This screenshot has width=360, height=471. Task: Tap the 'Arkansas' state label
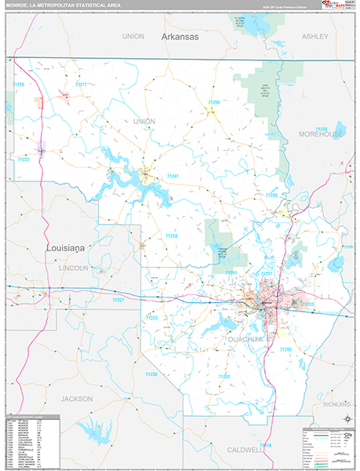coord(181,36)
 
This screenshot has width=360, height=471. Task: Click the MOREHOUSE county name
coord(321,134)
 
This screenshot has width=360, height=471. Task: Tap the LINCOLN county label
coord(75,268)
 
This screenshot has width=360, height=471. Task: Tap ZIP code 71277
coord(82,84)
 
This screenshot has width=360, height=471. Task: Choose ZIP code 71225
coord(151,318)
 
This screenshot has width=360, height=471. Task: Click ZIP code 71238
coord(151,374)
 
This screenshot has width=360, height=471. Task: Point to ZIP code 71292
coord(224,377)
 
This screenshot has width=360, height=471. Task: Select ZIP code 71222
coord(24,159)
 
